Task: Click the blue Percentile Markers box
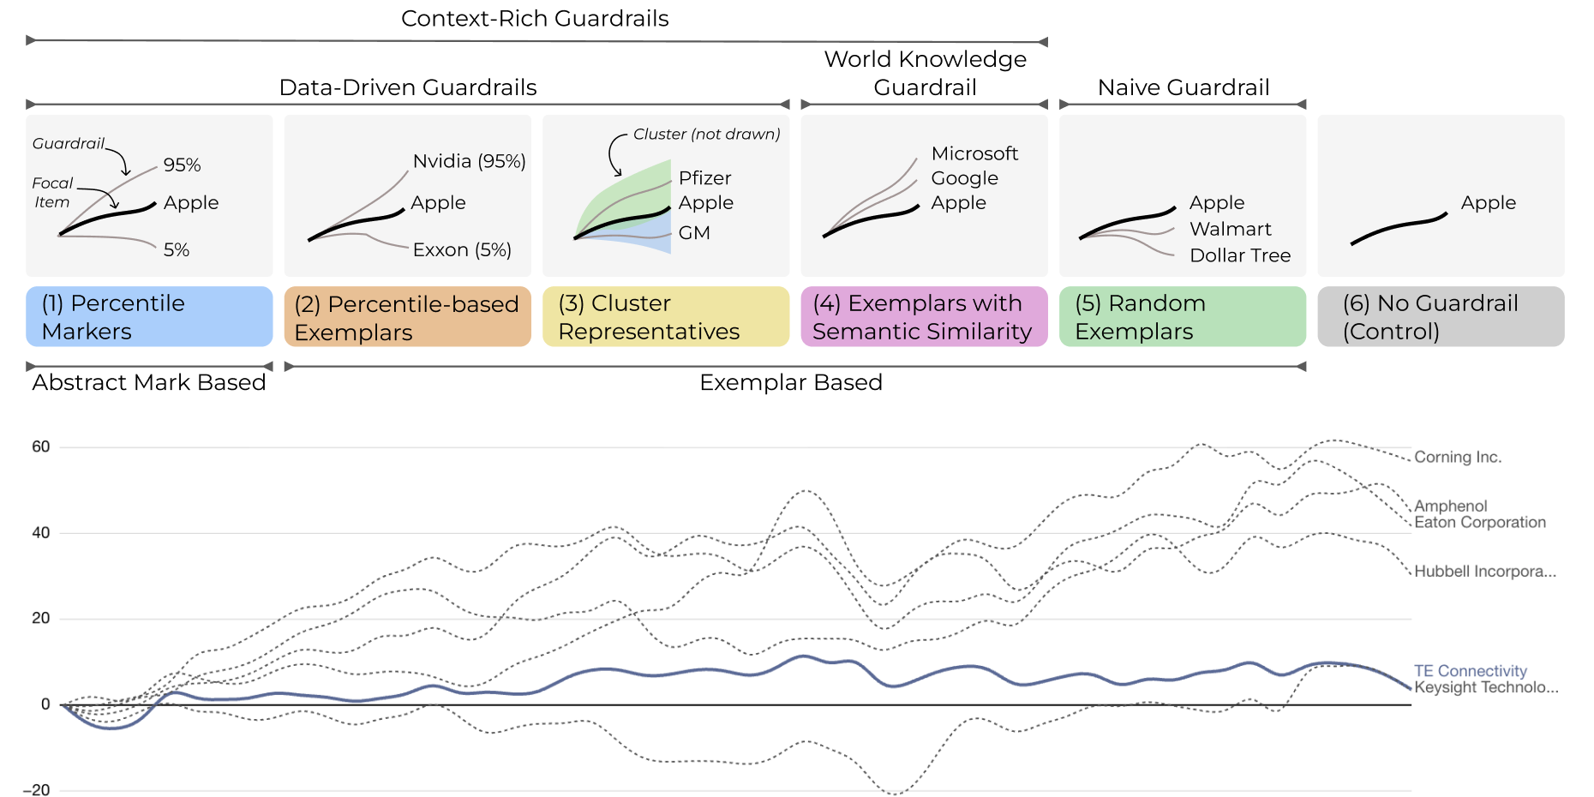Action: click(149, 317)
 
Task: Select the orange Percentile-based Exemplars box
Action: click(407, 317)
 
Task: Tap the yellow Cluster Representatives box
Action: click(665, 317)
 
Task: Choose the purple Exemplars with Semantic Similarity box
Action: click(924, 317)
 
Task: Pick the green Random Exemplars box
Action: click(1182, 317)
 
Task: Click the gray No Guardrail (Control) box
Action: click(1440, 317)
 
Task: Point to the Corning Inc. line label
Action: click(1457, 457)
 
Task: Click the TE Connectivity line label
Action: click(1470, 671)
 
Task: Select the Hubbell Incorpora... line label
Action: click(1484, 572)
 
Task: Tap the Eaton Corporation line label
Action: click(1479, 522)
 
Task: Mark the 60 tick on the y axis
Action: click(41, 446)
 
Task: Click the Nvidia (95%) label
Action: click(469, 161)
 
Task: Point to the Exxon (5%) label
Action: click(462, 249)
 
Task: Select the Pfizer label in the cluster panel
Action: click(704, 178)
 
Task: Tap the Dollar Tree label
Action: click(1239, 255)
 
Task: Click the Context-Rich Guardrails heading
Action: click(535, 19)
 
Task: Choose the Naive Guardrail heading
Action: click(1183, 87)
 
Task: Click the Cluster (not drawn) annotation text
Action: click(706, 135)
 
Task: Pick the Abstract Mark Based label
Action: click(149, 382)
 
